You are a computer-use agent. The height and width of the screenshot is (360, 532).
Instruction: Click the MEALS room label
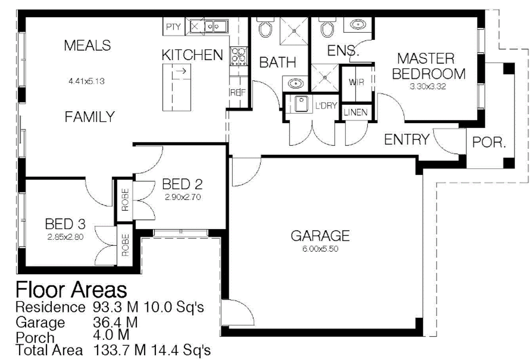click(87, 46)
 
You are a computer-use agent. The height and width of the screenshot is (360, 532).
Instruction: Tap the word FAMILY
click(90, 117)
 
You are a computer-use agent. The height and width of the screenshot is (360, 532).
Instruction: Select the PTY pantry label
click(173, 27)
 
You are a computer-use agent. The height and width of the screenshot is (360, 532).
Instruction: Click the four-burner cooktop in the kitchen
click(239, 56)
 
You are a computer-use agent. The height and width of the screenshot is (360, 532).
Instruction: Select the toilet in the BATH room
click(265, 28)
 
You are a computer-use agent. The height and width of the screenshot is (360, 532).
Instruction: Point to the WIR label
click(356, 82)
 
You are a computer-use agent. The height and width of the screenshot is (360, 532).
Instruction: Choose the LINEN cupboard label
click(356, 113)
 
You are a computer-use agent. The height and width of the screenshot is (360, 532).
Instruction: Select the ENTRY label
click(407, 140)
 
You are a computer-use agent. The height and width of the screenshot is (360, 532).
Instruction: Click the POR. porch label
click(489, 143)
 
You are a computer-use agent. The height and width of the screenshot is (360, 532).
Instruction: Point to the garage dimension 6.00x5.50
click(320, 249)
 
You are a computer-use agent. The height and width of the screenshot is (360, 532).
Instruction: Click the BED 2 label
click(183, 184)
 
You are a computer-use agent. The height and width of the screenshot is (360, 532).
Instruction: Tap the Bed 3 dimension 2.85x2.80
click(65, 237)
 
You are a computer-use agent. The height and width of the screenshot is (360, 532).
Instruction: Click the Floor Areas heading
click(71, 290)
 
